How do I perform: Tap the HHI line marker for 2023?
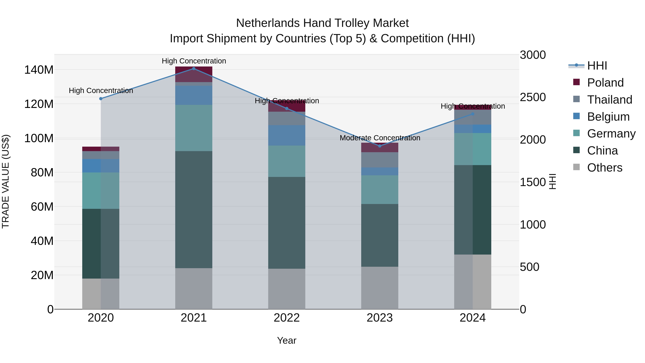[x=380, y=146]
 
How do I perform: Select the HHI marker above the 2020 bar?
[x=101, y=99]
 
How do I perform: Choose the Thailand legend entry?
[x=610, y=100]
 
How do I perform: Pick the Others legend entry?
[x=605, y=168]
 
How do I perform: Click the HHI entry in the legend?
[x=597, y=66]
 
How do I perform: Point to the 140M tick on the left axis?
[x=39, y=70]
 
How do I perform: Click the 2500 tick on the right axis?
[x=533, y=97]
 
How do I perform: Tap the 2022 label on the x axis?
[x=286, y=318]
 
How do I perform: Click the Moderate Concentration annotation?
[x=380, y=138]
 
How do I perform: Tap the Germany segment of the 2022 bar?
[x=286, y=161]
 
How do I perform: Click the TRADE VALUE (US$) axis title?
[x=6, y=181]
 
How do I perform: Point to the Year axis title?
[x=286, y=340]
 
